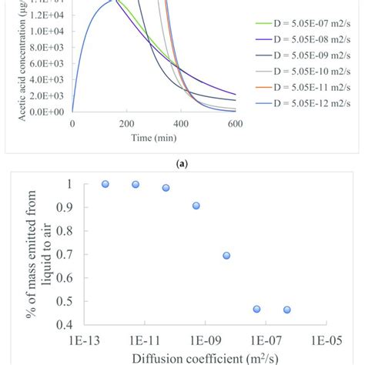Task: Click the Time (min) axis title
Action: [154, 138]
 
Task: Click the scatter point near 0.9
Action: [196, 206]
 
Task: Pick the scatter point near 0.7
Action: [226, 255]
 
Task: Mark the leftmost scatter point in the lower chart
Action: [105, 184]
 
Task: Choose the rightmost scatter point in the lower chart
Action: [287, 310]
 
